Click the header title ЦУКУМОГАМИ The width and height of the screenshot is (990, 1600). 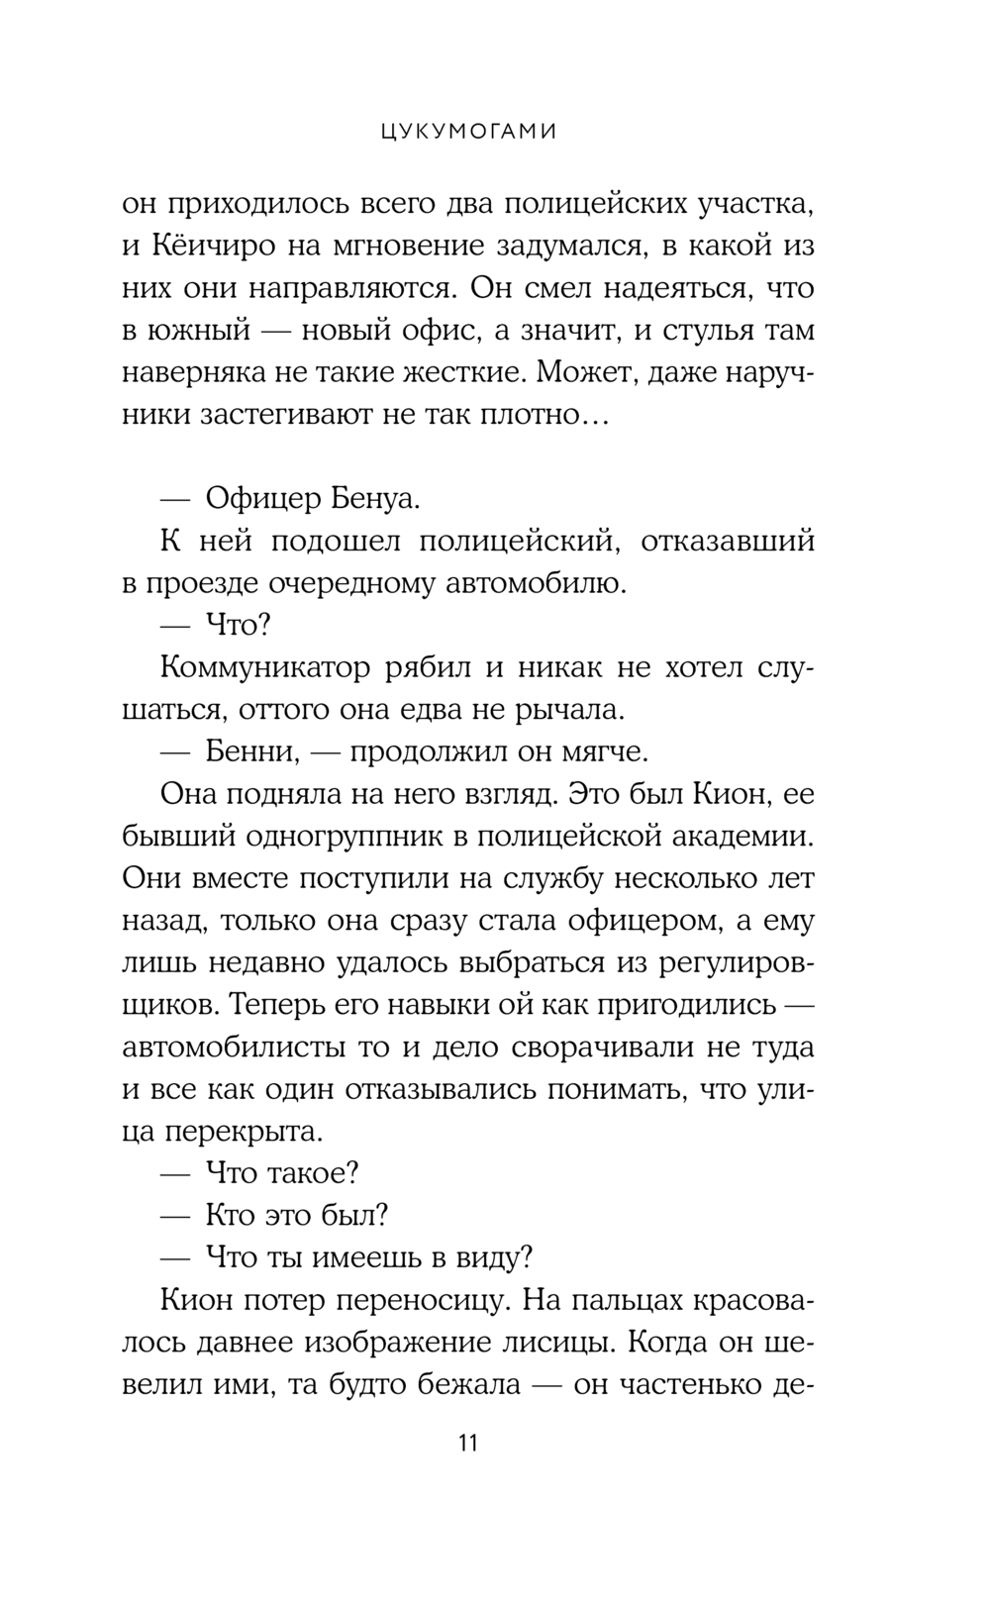click(468, 131)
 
